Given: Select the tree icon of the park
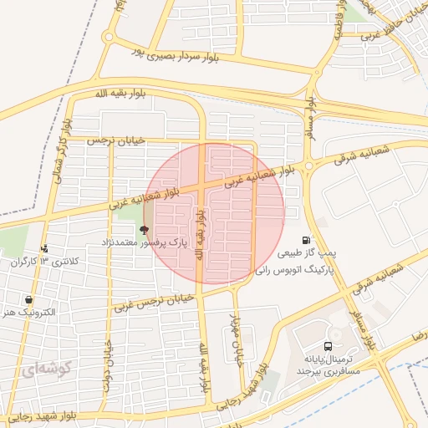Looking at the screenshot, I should click(144, 228).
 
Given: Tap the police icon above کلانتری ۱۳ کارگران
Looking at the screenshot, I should click(44, 248).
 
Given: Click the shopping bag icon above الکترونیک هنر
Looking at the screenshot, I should click(30, 299).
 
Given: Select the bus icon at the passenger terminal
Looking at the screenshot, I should click(328, 345).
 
